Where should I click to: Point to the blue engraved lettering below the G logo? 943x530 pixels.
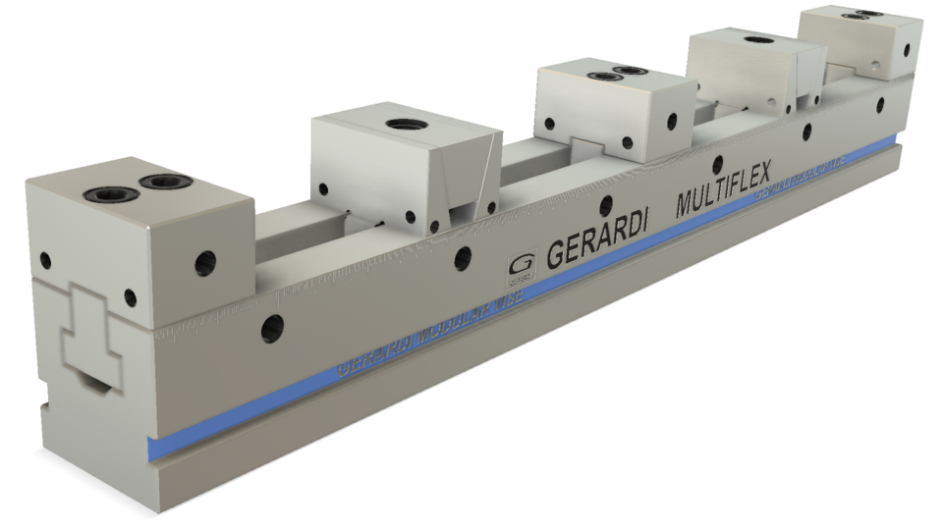[432, 334]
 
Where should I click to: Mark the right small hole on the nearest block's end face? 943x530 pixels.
[128, 297]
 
